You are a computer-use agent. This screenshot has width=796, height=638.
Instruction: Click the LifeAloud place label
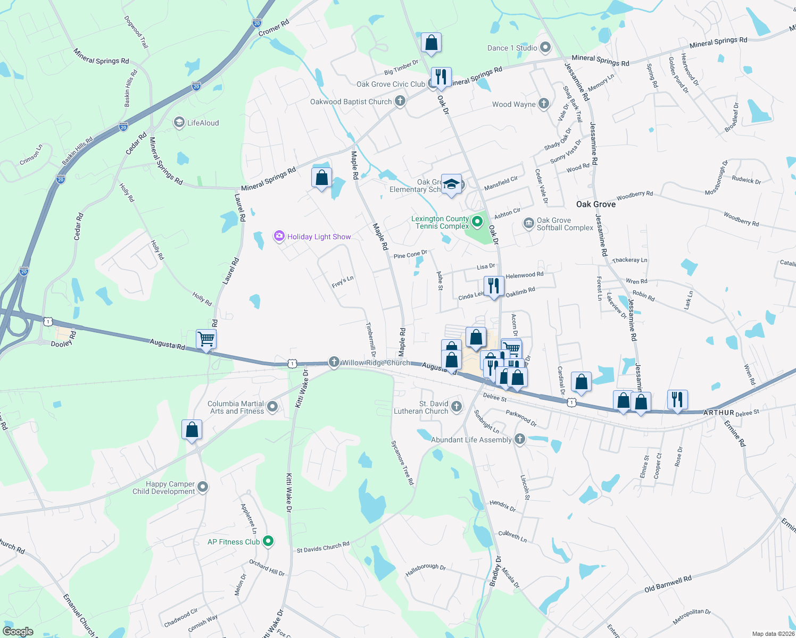tap(203, 123)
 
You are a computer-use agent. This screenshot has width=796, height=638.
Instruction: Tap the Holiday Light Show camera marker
tap(279, 236)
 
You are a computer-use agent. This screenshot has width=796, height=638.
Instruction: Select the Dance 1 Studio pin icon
tap(545, 48)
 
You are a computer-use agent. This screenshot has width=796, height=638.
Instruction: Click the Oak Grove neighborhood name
tap(596, 204)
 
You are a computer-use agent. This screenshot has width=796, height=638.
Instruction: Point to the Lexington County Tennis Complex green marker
tap(477, 222)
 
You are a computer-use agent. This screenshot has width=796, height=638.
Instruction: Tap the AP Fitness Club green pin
tap(268, 541)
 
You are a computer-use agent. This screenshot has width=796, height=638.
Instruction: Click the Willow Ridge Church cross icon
tap(334, 362)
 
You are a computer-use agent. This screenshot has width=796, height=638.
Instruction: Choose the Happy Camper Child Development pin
tap(202, 487)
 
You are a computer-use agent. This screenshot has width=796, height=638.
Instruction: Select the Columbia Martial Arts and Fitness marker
tap(272, 407)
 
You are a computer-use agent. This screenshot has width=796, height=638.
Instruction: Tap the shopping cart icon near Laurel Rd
tap(206, 339)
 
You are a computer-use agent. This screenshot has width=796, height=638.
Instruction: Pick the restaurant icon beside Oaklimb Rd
tap(494, 286)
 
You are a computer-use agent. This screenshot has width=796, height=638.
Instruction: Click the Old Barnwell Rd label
tap(668, 584)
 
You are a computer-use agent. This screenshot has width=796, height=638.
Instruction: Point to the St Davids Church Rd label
tap(323, 547)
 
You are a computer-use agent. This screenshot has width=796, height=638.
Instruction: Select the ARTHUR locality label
tap(718, 413)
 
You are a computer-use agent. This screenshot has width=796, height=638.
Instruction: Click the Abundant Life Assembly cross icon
tap(520, 439)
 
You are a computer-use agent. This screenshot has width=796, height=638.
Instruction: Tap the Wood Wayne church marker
tap(543, 104)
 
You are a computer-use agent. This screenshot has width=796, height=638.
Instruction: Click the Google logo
tap(18, 631)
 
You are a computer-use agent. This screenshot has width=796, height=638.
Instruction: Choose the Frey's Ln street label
tap(343, 282)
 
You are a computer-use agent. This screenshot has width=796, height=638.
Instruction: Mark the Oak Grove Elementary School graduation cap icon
tap(451, 184)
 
